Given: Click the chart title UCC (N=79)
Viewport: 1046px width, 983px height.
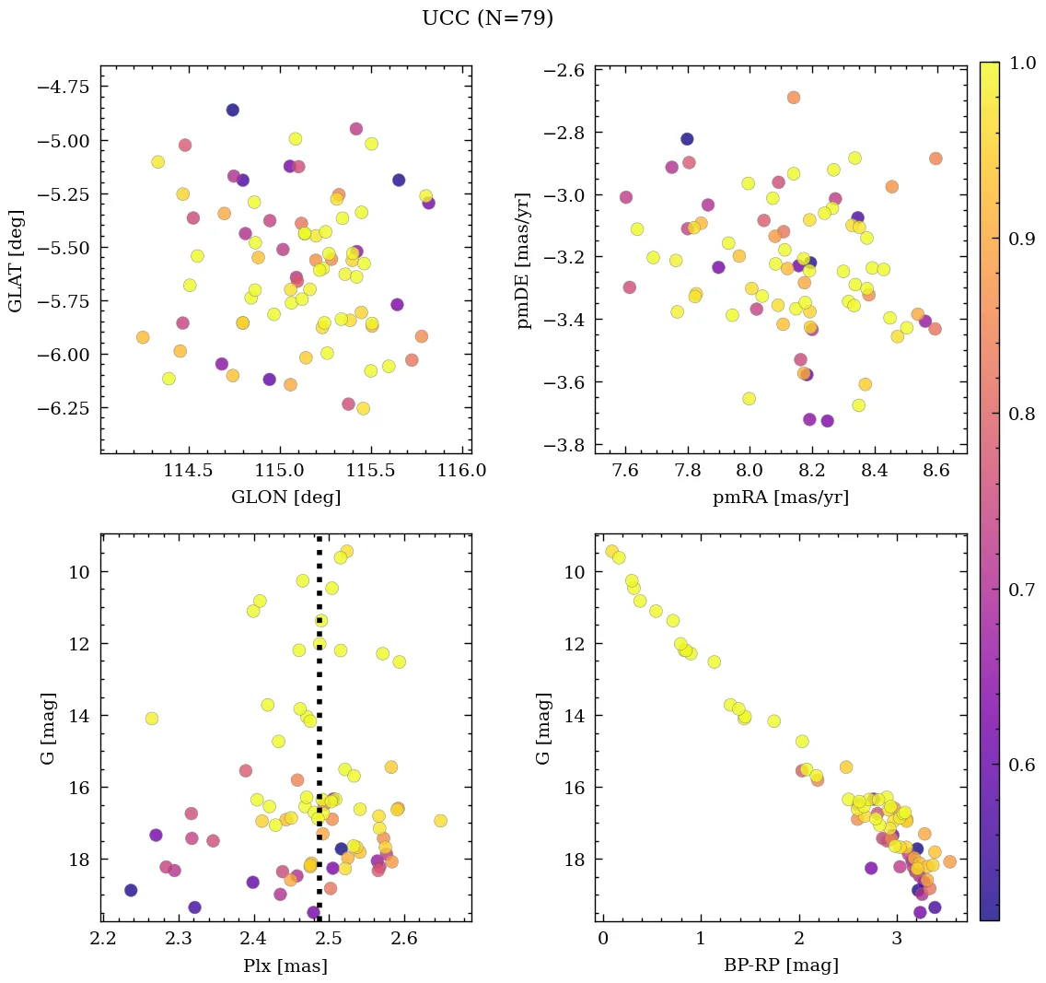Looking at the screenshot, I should [x=487, y=19].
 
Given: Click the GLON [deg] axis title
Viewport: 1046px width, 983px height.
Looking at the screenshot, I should [x=285, y=497].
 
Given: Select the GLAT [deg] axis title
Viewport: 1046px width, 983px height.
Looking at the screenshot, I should [x=17, y=261].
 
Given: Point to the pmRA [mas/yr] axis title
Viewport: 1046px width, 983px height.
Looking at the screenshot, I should [x=781, y=497].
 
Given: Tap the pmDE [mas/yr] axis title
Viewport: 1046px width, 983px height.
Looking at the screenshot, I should [x=524, y=261].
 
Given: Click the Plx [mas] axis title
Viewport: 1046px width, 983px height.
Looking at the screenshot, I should [x=285, y=965].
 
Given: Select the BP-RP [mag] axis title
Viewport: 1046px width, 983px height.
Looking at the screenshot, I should [x=781, y=965].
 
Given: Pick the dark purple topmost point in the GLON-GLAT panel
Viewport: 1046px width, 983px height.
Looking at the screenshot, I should [x=232, y=110].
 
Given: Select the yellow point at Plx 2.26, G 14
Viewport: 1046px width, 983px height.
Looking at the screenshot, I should [x=152, y=719].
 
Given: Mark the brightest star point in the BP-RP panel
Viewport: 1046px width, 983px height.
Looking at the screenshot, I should [x=611, y=551].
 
